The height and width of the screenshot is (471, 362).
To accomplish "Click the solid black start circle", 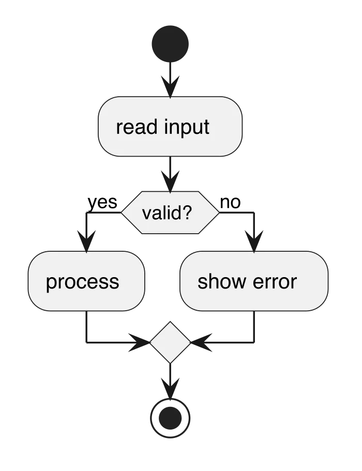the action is (x=170, y=44).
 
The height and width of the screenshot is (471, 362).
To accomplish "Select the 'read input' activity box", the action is (x=170, y=127).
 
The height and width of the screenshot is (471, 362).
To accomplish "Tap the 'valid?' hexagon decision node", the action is (x=170, y=212).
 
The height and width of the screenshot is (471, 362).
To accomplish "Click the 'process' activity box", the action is (x=86, y=281).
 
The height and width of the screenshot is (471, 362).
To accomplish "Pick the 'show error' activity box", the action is (x=254, y=281).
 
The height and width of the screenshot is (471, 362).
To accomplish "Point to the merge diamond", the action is (x=170, y=342).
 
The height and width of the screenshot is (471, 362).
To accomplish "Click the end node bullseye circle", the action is (x=170, y=418).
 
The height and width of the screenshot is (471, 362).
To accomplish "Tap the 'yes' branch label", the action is (x=102, y=203).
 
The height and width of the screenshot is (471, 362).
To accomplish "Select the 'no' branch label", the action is (x=231, y=203).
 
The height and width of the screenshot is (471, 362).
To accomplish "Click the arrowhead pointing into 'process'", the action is (x=86, y=241).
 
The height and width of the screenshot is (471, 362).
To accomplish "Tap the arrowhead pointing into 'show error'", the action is (x=254, y=241).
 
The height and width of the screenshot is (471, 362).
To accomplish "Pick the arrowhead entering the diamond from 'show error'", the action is (x=201, y=342).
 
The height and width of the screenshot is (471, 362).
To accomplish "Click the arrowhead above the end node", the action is (x=170, y=388).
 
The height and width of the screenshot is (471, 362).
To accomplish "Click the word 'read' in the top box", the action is (x=137, y=127).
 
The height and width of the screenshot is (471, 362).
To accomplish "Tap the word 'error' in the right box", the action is (x=275, y=282).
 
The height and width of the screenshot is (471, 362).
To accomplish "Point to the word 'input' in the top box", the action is (x=187, y=127).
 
